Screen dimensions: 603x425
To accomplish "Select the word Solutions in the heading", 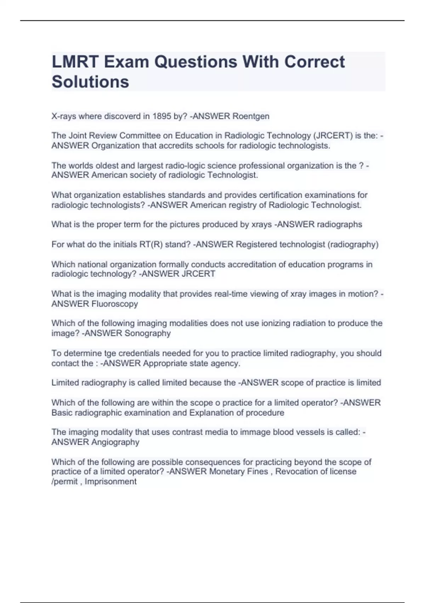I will point(90,82).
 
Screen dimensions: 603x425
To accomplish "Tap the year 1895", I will point(162,116).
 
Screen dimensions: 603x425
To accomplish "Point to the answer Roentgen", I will point(251,116).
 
